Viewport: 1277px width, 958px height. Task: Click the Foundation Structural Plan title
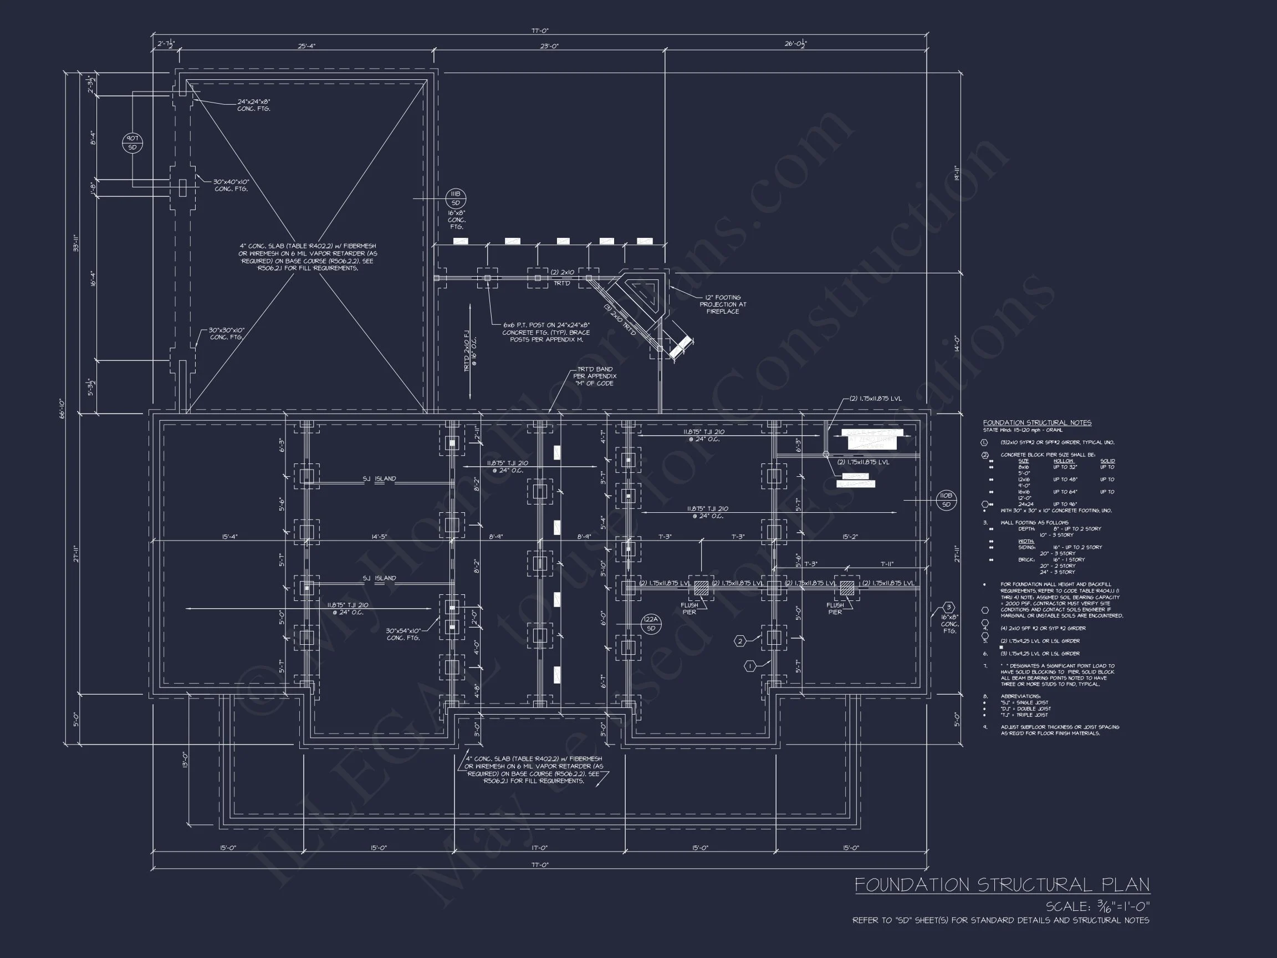(x=1002, y=885)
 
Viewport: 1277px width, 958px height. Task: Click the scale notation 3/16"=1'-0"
(x=1097, y=906)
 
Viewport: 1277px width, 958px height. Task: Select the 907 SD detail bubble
(x=132, y=142)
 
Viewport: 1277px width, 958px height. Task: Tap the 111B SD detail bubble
(x=456, y=198)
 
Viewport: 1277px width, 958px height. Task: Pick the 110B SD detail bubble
(x=946, y=500)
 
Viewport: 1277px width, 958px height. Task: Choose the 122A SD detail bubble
(x=651, y=624)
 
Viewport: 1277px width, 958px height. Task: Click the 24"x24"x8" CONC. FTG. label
(x=253, y=105)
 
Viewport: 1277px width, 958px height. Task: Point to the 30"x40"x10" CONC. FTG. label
(x=231, y=185)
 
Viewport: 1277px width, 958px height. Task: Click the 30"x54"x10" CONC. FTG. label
(x=403, y=634)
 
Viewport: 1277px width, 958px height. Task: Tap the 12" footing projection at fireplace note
(x=723, y=304)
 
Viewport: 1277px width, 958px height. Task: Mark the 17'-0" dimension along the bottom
(x=539, y=848)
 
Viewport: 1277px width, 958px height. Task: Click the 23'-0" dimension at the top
(x=549, y=46)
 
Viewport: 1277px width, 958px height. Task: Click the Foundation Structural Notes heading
(x=1037, y=422)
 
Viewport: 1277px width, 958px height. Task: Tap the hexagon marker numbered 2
(x=740, y=641)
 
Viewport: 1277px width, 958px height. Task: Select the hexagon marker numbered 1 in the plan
(x=750, y=666)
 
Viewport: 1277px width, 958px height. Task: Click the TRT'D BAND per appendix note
(x=594, y=376)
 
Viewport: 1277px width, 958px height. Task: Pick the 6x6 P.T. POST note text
(x=545, y=332)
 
